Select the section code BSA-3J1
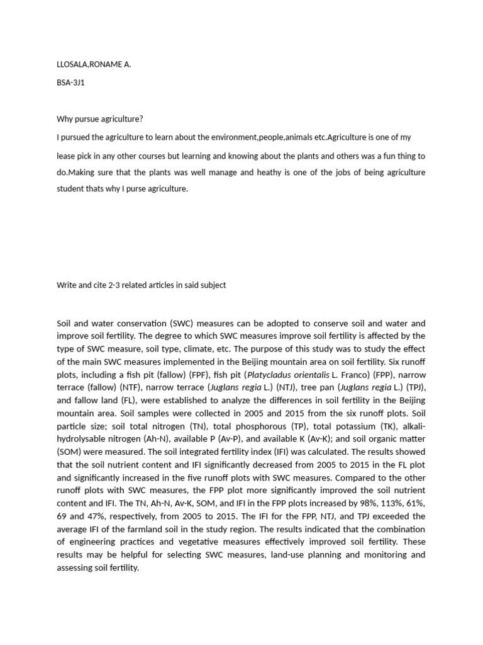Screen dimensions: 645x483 point(70,83)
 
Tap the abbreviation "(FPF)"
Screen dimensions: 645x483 point(197,374)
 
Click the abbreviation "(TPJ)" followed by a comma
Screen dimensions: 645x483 point(411,387)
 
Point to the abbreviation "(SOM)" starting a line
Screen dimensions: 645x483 point(70,452)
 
